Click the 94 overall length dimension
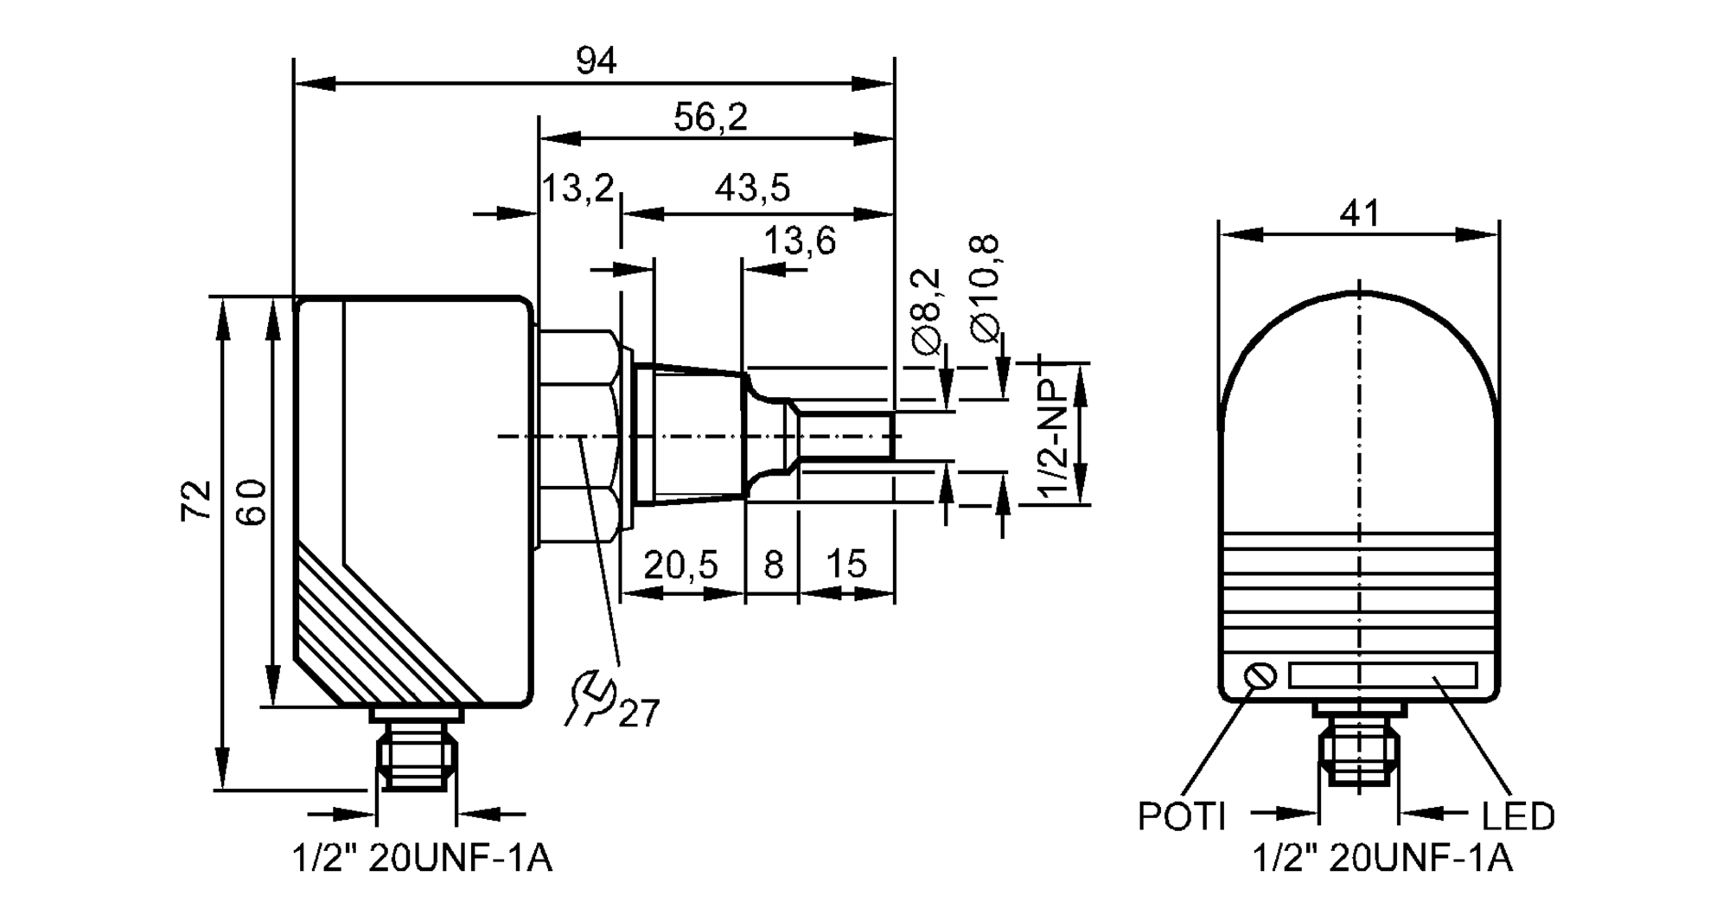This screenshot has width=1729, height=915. [596, 61]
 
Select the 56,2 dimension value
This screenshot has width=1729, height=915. [711, 118]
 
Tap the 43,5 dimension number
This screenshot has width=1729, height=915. [752, 188]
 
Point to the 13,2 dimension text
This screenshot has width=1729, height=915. [577, 188]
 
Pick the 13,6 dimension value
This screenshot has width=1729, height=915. [799, 241]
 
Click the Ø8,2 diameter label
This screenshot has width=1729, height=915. [926, 311]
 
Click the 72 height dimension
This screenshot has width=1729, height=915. [196, 500]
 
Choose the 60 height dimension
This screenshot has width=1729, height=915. [251, 502]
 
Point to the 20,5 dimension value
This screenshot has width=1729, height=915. [680, 566]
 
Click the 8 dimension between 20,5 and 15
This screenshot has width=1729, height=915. [773, 566]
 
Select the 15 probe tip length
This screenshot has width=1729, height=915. [845, 565]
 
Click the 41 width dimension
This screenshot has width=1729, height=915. [1359, 213]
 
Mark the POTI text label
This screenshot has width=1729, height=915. [1181, 816]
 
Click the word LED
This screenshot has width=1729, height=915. [1518, 816]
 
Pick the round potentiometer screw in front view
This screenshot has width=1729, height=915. [1260, 675]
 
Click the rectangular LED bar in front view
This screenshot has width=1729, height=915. [1382, 675]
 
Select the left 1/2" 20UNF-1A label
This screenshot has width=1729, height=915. [422, 859]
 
